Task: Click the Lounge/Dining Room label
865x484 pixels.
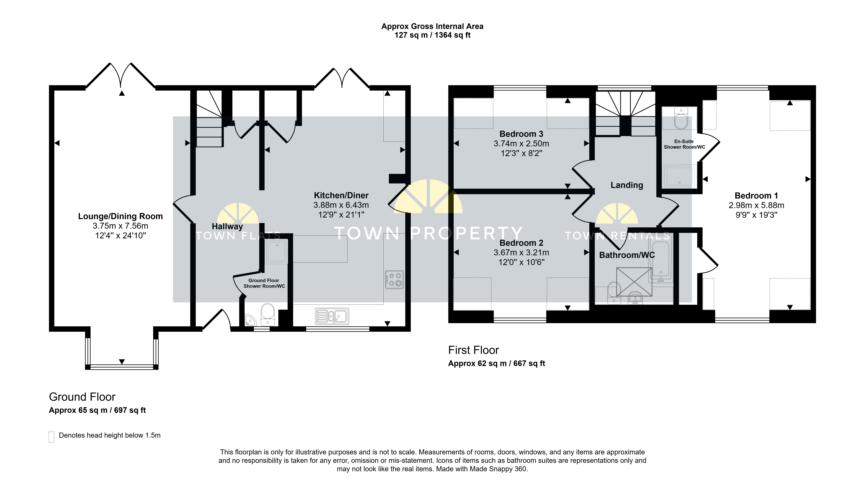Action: pos(120,216)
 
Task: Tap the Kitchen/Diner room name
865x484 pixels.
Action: pos(341,195)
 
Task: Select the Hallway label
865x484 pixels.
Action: pos(227,226)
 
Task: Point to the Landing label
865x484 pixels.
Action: pos(627,185)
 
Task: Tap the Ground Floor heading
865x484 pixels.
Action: pos(82,397)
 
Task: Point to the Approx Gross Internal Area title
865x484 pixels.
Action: pos(432,26)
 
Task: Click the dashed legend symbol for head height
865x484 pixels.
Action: pos(51,437)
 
